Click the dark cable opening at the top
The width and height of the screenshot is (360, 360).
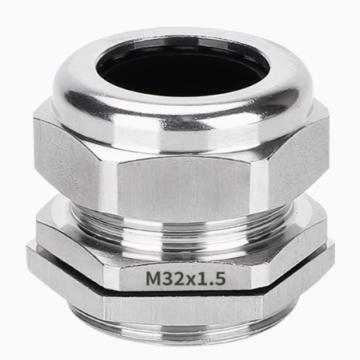[x=183, y=67]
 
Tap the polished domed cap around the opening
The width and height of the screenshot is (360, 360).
[x=183, y=110]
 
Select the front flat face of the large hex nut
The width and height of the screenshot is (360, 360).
[x=185, y=187]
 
